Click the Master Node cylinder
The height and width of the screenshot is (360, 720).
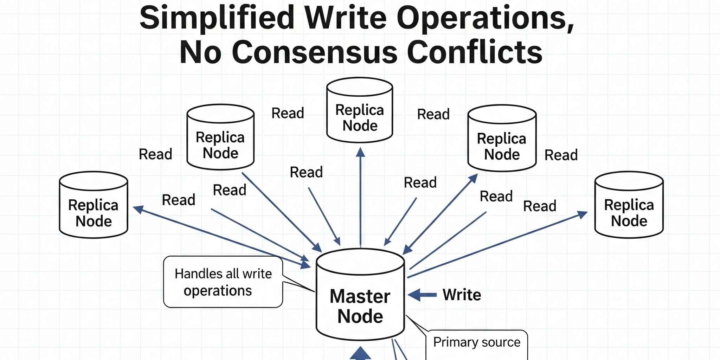coord(360,295)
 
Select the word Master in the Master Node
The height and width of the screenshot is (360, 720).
coord(360,296)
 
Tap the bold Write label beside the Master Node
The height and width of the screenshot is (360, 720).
coord(462,295)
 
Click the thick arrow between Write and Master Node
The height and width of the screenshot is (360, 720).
coord(422,295)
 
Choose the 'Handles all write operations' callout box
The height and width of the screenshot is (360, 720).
coord(223,282)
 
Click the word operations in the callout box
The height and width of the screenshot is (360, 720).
coord(218,291)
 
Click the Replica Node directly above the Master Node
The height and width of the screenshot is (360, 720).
coord(360,110)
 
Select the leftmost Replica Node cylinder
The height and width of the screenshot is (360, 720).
coord(94,205)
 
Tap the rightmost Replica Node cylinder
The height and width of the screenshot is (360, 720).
coord(629,205)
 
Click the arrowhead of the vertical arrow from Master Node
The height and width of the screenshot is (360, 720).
coord(360,152)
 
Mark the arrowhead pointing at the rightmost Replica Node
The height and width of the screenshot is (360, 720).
coord(583,214)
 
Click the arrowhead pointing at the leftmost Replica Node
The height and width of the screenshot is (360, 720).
coord(138,209)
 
